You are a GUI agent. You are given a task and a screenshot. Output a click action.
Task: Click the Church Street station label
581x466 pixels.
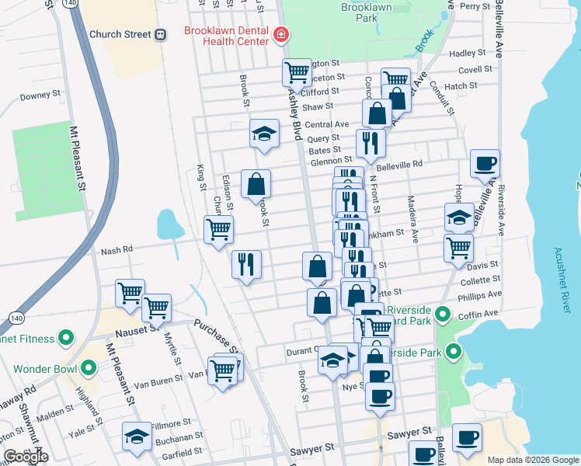(120, 34)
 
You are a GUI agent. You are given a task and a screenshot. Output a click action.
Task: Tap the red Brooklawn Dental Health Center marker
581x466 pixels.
(280, 34)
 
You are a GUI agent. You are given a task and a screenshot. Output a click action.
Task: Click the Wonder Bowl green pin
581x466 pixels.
(89, 367)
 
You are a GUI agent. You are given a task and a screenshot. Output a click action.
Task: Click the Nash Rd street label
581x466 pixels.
(118, 251)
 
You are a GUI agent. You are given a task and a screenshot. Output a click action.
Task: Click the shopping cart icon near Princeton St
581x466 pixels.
(297, 73)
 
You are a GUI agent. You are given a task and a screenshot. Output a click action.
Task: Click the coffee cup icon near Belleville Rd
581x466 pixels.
(485, 163)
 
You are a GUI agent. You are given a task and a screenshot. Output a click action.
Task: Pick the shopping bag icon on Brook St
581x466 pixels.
(256, 185)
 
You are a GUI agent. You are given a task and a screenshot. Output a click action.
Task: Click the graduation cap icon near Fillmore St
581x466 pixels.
(137, 436)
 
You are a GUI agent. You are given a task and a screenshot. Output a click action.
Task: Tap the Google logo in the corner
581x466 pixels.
(26, 457)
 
